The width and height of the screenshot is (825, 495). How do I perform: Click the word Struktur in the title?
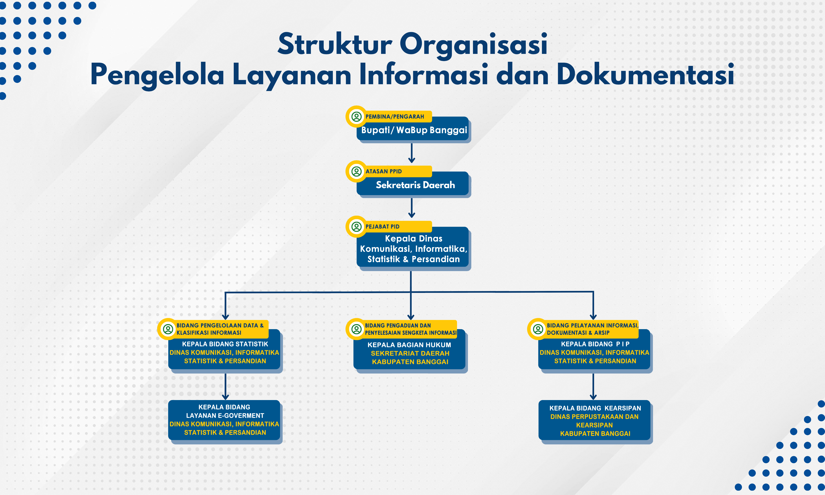[334, 44]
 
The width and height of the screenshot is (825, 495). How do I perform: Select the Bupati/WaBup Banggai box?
[414, 130]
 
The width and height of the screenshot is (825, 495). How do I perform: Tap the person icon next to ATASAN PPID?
[356, 172]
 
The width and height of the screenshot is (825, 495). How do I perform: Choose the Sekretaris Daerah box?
[415, 185]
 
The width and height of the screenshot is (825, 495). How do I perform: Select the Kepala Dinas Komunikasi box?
[414, 249]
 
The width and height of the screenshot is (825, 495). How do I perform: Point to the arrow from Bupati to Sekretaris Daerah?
[412, 153]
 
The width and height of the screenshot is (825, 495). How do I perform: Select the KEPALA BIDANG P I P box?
[594, 352]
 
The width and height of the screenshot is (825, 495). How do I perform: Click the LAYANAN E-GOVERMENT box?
[224, 420]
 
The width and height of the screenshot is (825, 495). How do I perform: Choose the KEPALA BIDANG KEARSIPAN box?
[594, 421]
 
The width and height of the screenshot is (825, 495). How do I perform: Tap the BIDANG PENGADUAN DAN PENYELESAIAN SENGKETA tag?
[410, 329]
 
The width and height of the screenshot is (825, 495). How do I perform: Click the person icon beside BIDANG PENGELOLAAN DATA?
[168, 329]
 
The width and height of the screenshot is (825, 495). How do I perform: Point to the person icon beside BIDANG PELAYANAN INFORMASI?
[538, 329]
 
